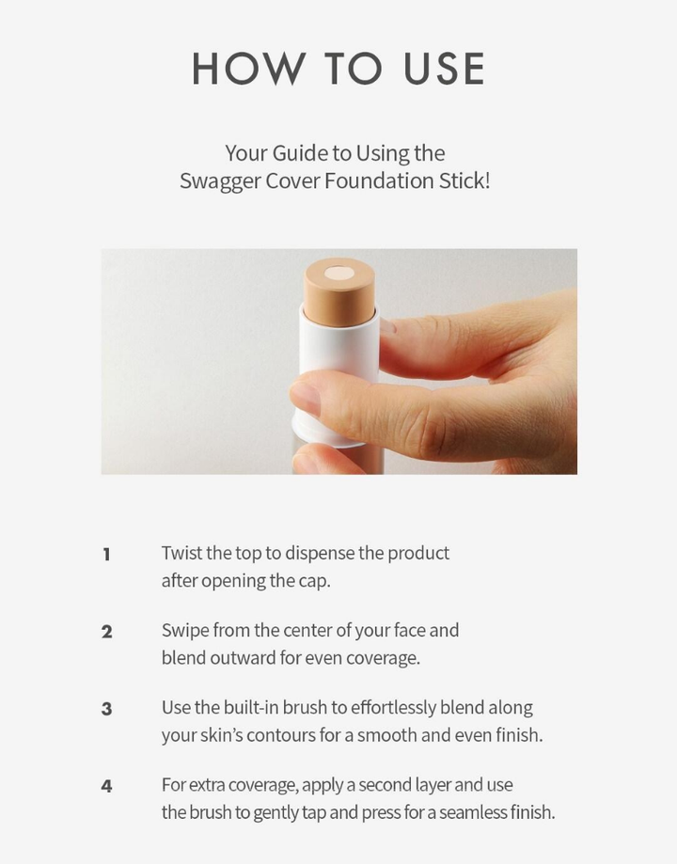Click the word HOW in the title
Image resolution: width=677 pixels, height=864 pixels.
248,69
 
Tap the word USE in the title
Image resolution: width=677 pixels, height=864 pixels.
445,69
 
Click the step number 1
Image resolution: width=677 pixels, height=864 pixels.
107,555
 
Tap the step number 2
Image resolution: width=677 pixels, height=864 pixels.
107,632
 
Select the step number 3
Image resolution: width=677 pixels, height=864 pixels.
107,709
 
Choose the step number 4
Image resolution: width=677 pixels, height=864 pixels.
107,786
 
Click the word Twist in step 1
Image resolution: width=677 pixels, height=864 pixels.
181,553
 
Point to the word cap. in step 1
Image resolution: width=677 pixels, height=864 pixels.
315,582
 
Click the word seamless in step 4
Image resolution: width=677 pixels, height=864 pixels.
473,812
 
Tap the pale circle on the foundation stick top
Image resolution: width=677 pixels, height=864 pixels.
338,274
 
